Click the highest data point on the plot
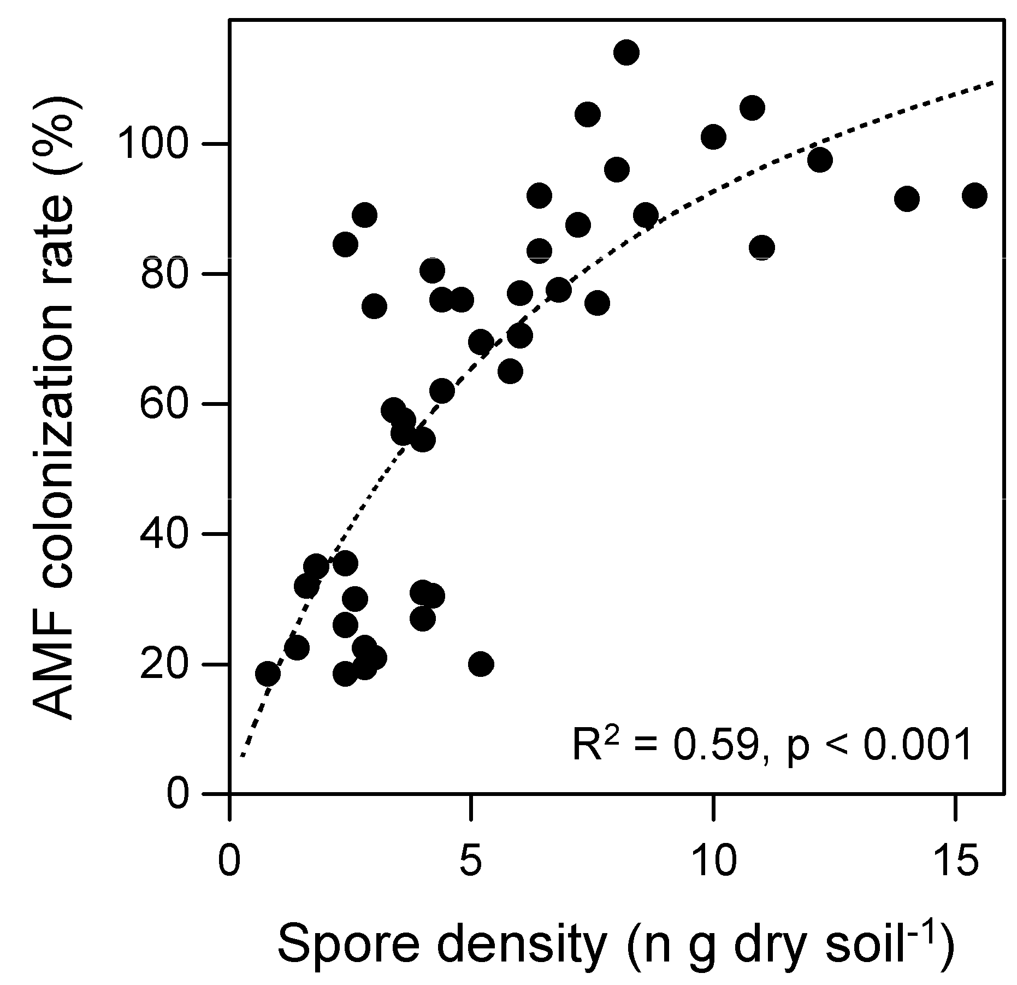point(626,52)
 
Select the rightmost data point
point(974,196)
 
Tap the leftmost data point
point(268,674)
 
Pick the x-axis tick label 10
point(712,862)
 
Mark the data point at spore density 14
point(907,198)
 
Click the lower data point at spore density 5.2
point(481,664)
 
